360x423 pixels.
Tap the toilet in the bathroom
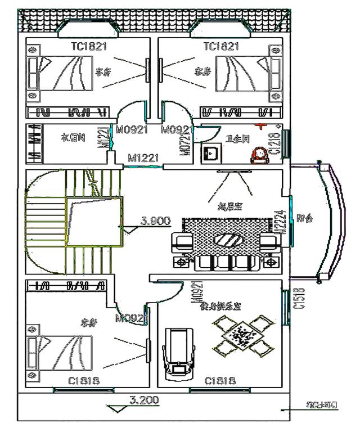[x=260, y=154]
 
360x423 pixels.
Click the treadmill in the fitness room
[x=178, y=352]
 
